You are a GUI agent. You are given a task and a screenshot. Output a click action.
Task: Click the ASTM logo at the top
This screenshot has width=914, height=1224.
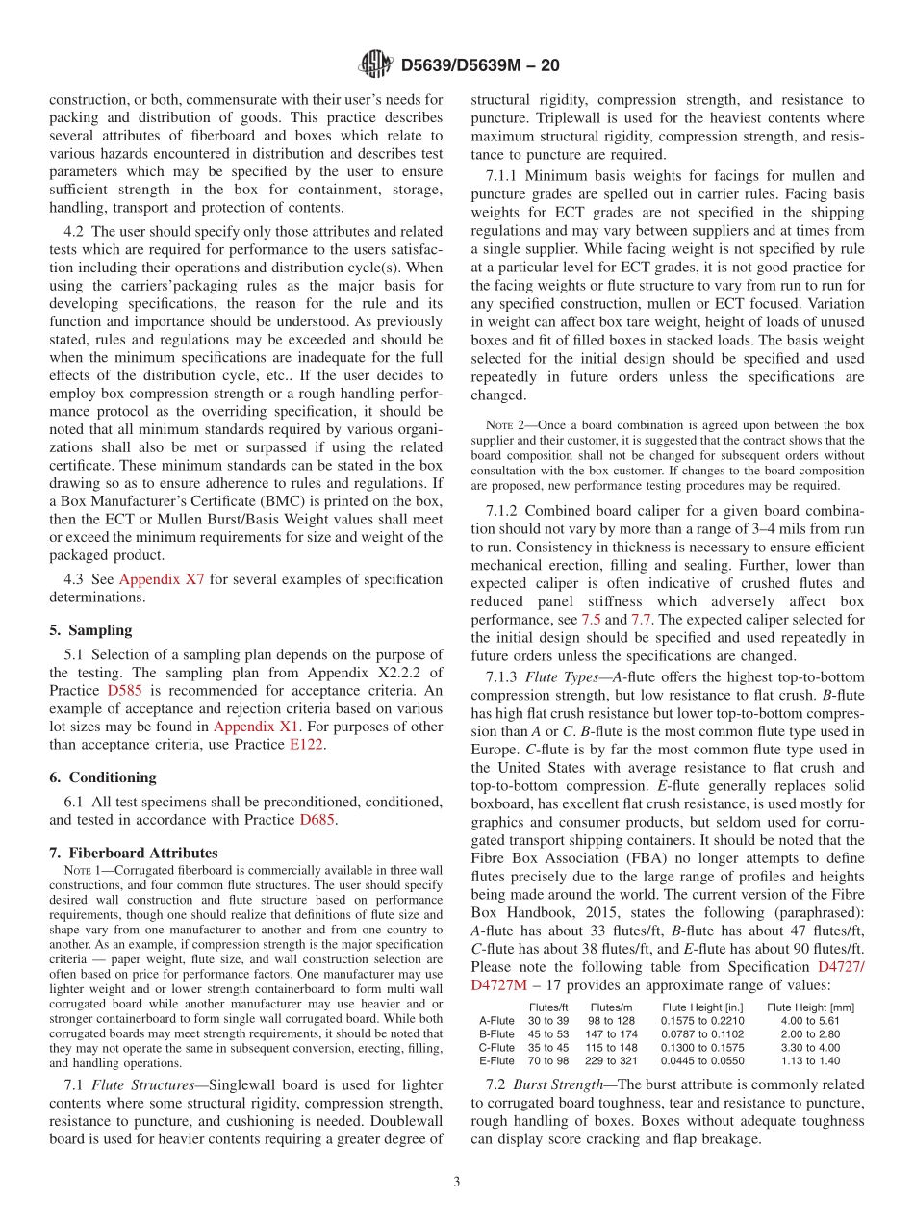tap(375, 65)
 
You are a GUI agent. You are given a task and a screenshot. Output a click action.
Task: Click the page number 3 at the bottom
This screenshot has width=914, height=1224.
tap(457, 1183)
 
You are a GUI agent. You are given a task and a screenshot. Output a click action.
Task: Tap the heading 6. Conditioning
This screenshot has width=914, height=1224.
tap(102, 777)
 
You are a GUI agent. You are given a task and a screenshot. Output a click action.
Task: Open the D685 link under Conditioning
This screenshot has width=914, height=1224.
tap(317, 820)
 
